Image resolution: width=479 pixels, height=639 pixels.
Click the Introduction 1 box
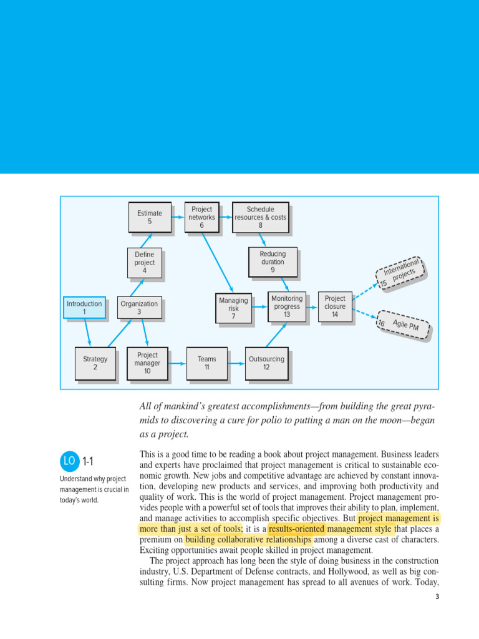coord(84,308)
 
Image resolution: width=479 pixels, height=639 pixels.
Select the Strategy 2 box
coord(95,363)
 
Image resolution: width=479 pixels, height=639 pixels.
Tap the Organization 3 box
coord(139,308)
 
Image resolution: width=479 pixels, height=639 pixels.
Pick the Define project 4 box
coord(145,263)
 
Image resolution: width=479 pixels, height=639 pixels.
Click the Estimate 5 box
coord(150,217)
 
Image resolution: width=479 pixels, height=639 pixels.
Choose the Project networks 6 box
coord(201,217)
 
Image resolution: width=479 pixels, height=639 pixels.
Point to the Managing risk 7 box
coord(233,308)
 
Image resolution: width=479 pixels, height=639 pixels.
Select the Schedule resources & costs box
coord(260,217)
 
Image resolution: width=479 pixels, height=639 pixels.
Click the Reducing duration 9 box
coord(273,262)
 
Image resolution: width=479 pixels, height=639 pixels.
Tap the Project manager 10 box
coord(147,363)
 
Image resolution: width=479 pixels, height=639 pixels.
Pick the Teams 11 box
coord(207,363)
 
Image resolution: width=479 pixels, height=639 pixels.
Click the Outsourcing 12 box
coord(266,363)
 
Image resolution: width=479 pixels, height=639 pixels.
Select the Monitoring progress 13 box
coord(287,306)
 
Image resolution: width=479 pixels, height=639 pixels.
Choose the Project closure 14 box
coord(335,306)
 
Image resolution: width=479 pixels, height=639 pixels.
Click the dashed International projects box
coord(400,273)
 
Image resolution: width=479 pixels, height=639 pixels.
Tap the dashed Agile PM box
coord(404,325)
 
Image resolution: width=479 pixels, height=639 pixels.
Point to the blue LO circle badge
coord(69,462)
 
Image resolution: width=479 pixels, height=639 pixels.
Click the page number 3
coord(437,597)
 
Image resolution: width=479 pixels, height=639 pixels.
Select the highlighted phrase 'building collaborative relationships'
coord(248,540)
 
